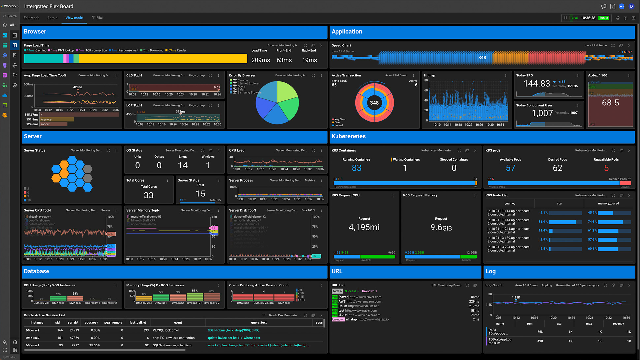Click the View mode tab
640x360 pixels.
pyautogui.click(x=74, y=18)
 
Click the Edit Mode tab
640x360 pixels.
pyautogui.click(x=31, y=18)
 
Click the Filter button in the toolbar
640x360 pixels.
pyautogui.click(x=98, y=18)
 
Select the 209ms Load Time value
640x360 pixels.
pyautogui.click(x=260, y=60)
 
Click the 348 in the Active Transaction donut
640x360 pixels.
pyautogui.click(x=374, y=103)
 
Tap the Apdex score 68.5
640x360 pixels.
pyautogui.click(x=610, y=103)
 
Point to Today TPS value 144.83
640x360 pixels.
pyautogui.click(x=536, y=84)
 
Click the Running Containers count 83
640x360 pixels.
pyautogui.click(x=356, y=168)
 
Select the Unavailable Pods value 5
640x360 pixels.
pyautogui.click(x=606, y=168)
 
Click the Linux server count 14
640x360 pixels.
pyautogui.click(x=183, y=165)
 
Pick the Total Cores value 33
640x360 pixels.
pyautogui.click(x=148, y=195)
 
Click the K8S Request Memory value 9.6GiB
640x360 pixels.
pyautogui.click(x=441, y=227)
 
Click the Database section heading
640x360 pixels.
pyautogui.click(x=36, y=271)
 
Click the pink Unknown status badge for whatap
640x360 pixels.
pyautogui.click(x=338, y=319)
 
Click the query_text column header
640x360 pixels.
pyautogui.click(x=259, y=323)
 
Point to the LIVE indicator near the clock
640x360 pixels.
pyautogui.click(x=574, y=18)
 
